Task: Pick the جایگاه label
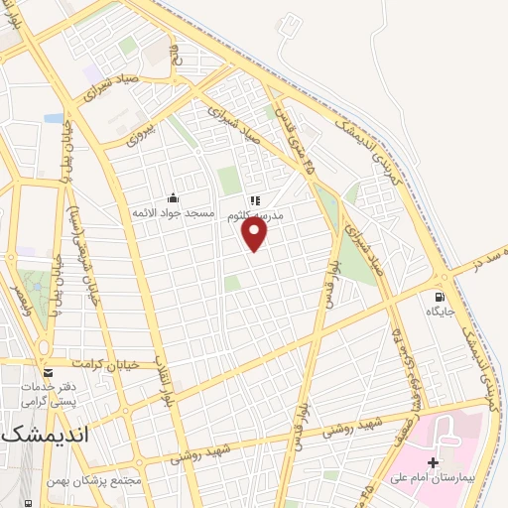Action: [x=440, y=313]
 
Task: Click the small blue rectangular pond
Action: [x=54, y=118]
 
